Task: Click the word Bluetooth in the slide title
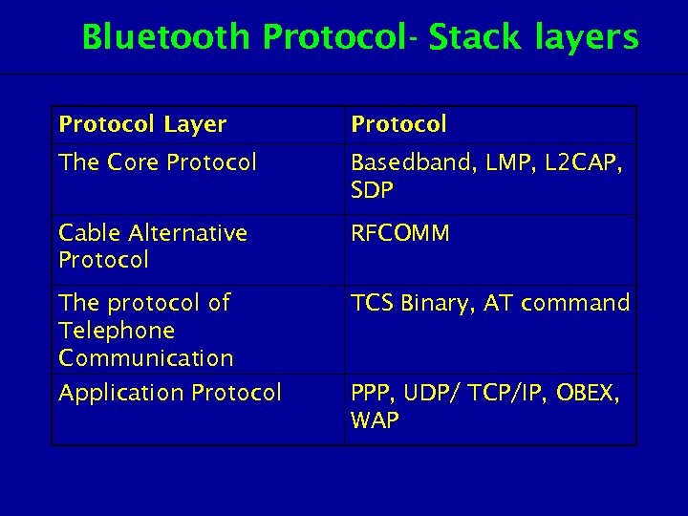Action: (168, 37)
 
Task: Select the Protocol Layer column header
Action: (142, 124)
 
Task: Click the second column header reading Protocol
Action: (398, 124)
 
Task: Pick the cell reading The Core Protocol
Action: (158, 162)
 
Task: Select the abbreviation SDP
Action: (372, 190)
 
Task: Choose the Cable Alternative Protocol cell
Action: (153, 247)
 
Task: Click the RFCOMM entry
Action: (399, 233)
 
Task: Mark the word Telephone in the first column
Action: (117, 331)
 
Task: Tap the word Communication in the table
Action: (146, 358)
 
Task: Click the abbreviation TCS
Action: (371, 304)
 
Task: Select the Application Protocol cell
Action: (170, 393)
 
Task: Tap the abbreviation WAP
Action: (375, 420)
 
